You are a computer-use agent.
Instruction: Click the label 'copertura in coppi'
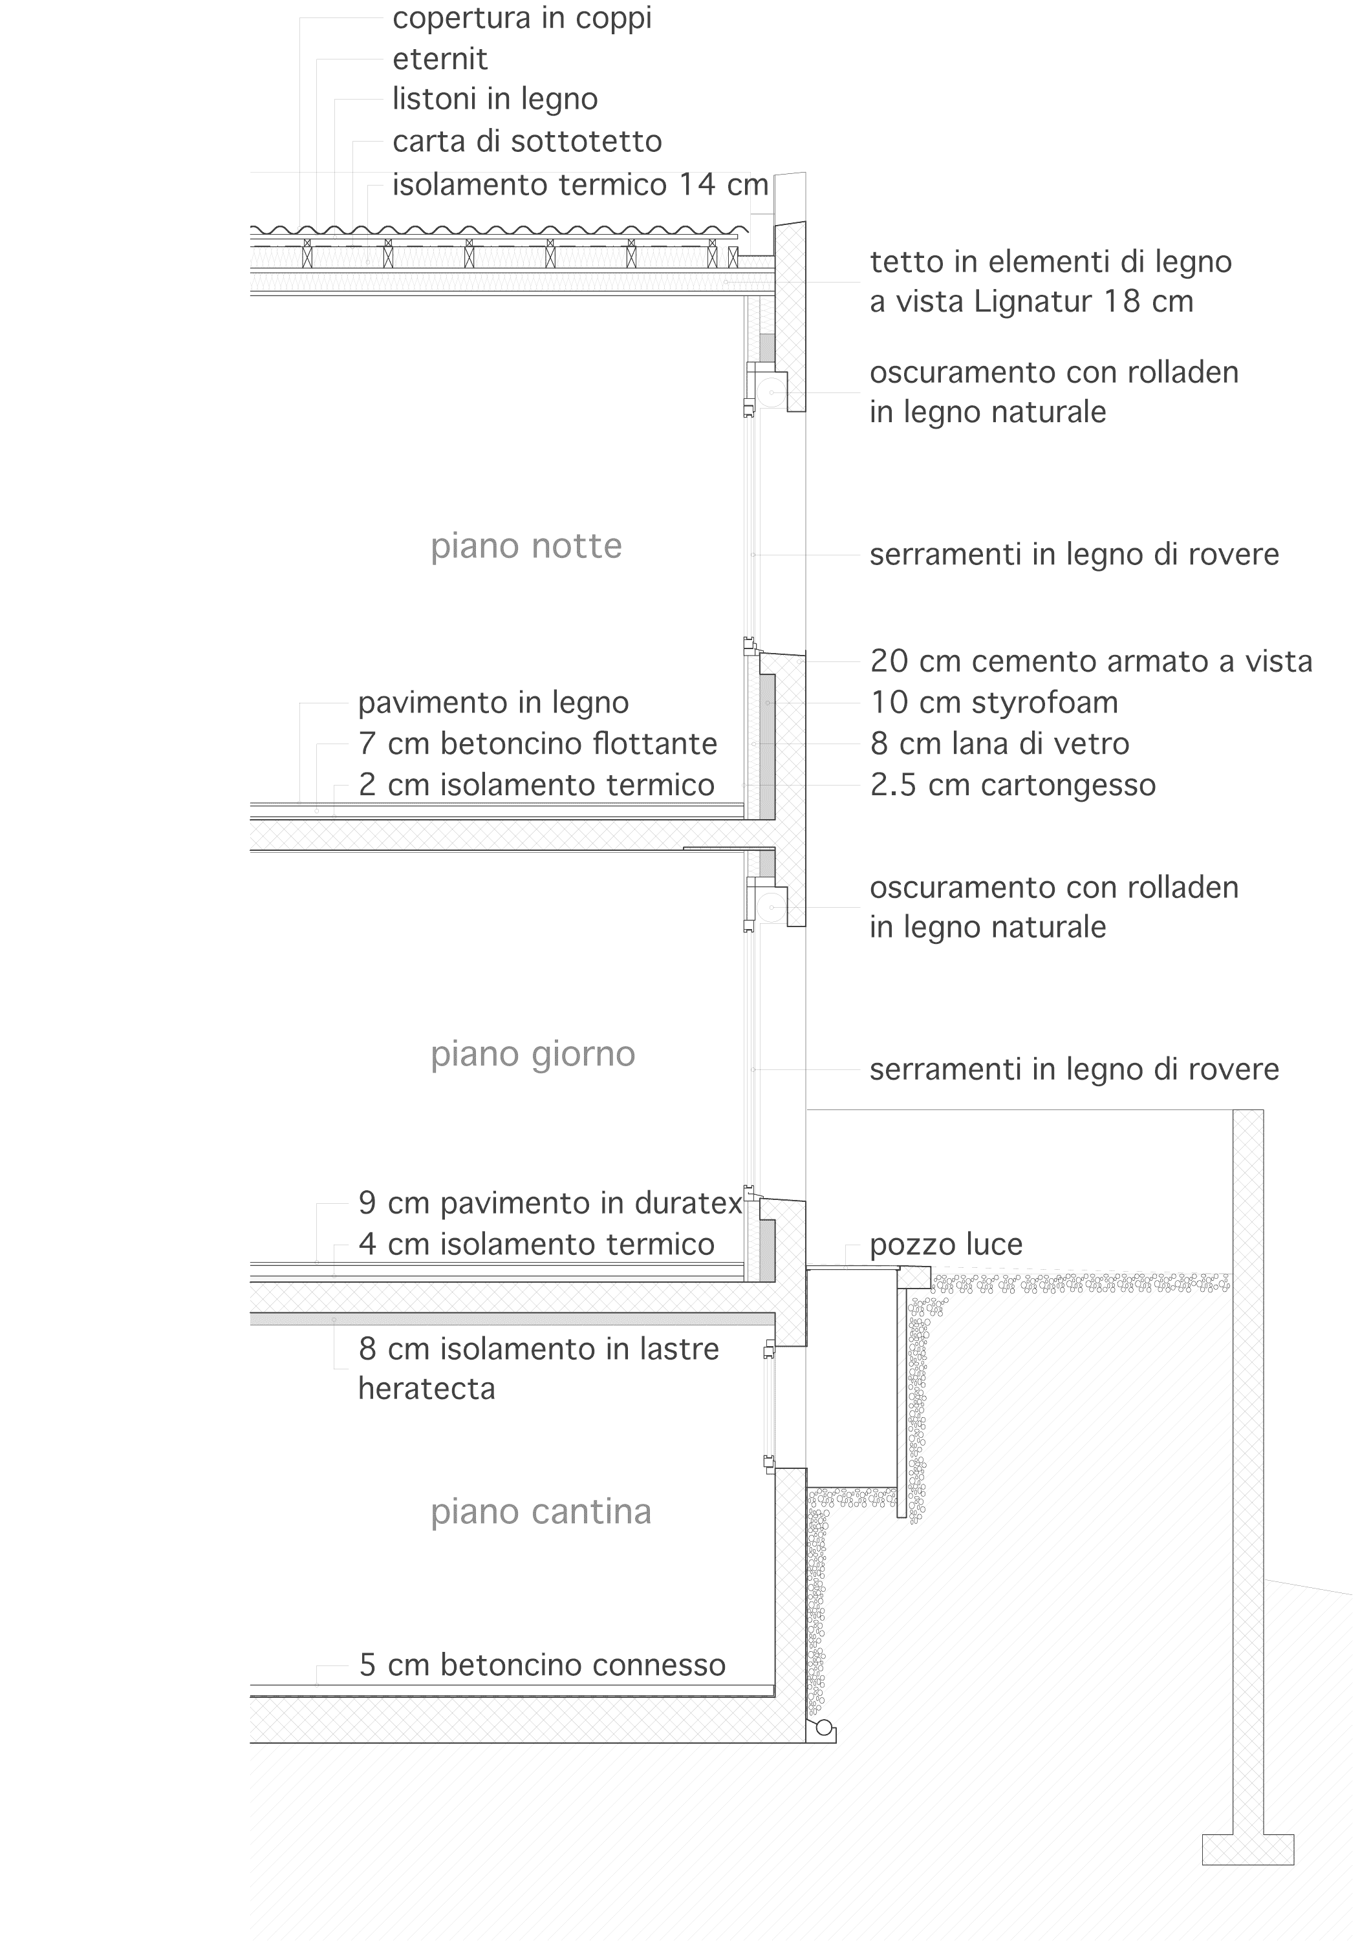[522, 19]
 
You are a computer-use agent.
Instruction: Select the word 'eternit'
[440, 59]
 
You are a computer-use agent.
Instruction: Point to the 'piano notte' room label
[526, 546]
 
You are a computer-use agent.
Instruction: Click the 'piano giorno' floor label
[533, 1054]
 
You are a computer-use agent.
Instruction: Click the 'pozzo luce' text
[946, 1245]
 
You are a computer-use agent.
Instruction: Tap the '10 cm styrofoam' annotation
[995, 703]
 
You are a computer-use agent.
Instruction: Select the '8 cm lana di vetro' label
[999, 744]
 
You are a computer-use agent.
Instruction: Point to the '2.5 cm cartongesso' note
[1013, 785]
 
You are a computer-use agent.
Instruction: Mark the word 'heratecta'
[427, 1388]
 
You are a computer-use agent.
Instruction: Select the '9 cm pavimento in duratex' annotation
[550, 1203]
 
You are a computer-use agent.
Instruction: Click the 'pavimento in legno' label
[493, 703]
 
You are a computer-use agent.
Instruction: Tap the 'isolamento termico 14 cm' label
[580, 184]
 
